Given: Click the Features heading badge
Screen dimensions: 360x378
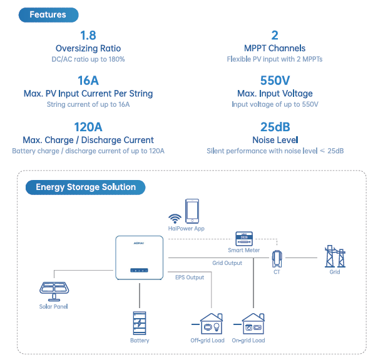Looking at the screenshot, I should click(48, 14).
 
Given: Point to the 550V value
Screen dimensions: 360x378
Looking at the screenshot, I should click(275, 81).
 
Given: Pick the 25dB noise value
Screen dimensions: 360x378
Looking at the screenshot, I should click(275, 127).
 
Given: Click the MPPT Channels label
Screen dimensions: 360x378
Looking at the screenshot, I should click(275, 48).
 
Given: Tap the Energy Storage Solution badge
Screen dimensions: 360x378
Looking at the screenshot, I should click(85, 187).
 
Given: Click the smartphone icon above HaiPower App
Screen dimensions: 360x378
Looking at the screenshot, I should click(192, 211).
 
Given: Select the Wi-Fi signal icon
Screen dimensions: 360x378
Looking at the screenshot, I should click(175, 217).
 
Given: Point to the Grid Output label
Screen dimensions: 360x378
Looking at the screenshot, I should click(227, 263).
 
